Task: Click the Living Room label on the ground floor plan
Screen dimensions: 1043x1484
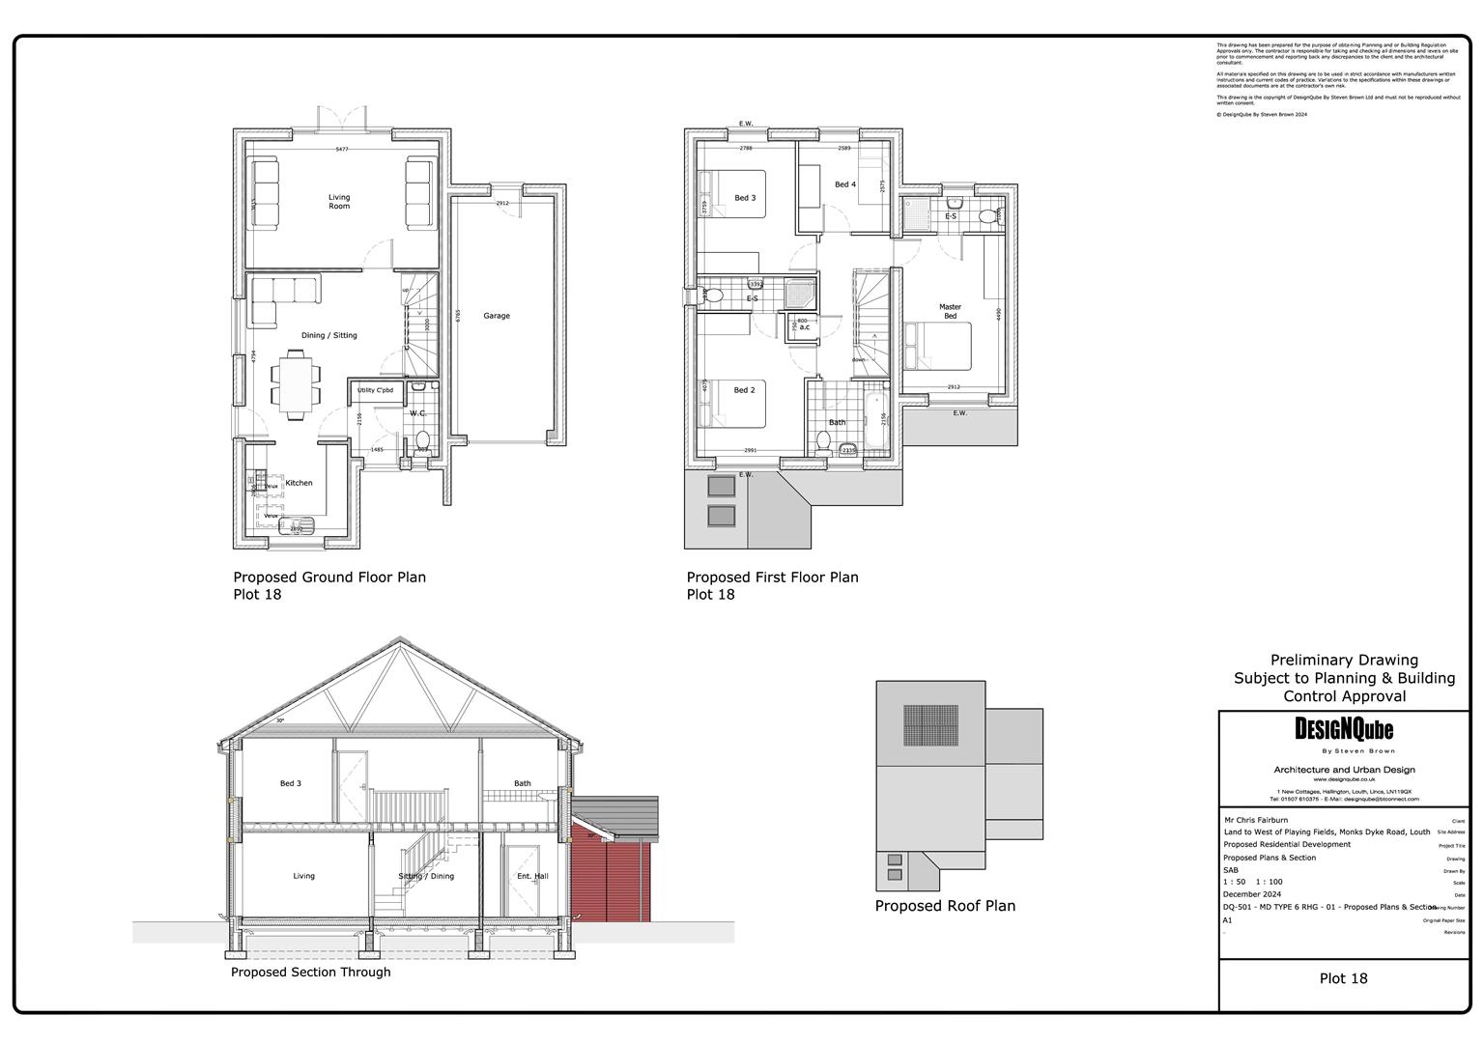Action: pos(339,201)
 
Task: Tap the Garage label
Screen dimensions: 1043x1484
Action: pos(497,316)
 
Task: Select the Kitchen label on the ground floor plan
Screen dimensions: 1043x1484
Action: pos(299,483)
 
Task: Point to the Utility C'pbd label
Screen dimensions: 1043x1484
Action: pos(376,390)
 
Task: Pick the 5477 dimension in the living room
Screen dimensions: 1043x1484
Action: pos(341,149)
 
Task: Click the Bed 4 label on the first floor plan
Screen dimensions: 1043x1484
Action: pos(845,184)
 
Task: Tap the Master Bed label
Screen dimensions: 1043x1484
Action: pos(950,311)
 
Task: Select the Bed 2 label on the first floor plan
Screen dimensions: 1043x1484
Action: pos(744,390)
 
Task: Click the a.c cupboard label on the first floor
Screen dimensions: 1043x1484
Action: pos(804,326)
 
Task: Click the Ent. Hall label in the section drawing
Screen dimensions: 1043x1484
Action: pos(532,876)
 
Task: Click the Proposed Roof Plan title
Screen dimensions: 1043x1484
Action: pos(945,906)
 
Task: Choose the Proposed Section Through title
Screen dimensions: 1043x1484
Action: pos(310,972)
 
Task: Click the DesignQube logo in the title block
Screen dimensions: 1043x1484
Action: pos(1344,730)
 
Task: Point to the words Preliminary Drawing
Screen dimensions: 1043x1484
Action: pos(1344,661)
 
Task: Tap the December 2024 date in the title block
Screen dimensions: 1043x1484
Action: pos(1252,894)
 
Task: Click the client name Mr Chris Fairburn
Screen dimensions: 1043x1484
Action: pos(1256,820)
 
